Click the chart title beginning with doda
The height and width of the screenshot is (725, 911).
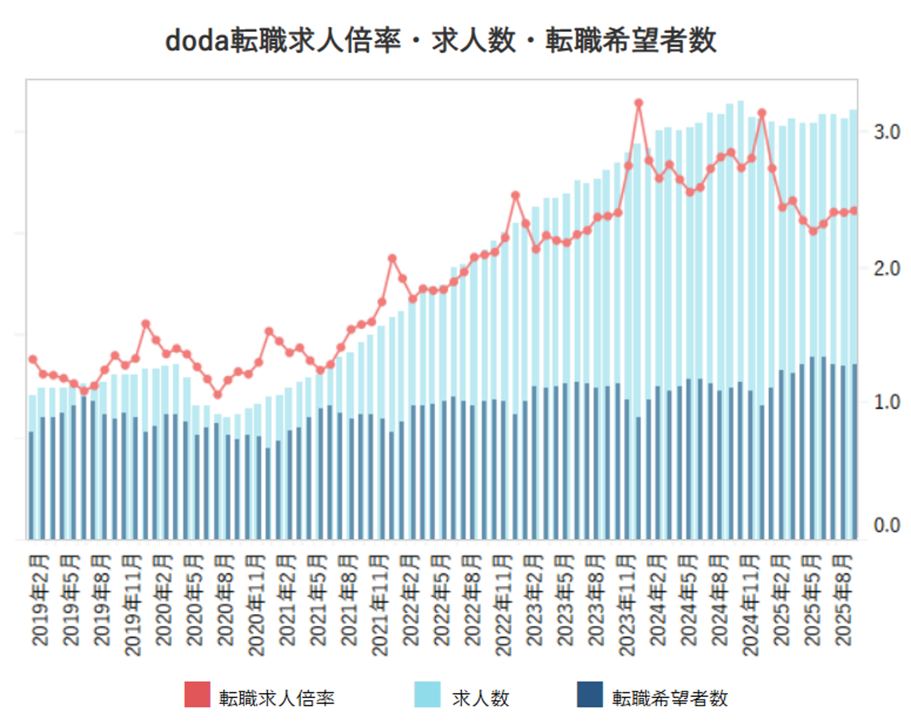point(441,41)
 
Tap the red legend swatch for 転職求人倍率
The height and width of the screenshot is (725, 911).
point(197,694)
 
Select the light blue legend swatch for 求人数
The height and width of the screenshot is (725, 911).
point(427,694)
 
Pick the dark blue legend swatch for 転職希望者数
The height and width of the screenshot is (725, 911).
point(590,694)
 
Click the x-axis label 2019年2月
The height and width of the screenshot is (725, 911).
point(40,600)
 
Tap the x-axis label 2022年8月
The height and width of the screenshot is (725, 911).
point(472,600)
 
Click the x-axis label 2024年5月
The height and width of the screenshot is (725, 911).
point(689,600)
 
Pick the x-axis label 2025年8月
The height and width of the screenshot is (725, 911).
point(843,600)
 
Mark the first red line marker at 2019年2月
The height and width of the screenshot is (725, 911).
point(33,359)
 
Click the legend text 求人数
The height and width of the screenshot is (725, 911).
point(480,698)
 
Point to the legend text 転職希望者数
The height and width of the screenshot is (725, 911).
point(670,698)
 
